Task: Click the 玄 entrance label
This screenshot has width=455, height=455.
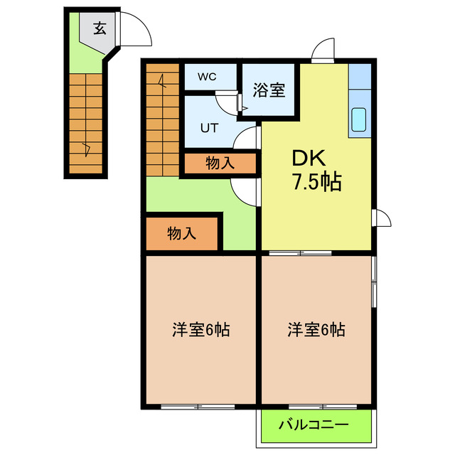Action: point(101,29)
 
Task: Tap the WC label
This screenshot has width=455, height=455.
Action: point(208,76)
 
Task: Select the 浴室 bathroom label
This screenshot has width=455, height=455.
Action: point(269,90)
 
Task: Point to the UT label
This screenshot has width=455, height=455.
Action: point(208,129)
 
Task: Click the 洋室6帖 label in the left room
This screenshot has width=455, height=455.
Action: point(200,330)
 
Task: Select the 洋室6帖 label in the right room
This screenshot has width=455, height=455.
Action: point(316,330)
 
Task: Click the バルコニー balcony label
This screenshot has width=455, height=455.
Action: point(314,426)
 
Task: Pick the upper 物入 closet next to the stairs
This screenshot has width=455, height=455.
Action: point(220,163)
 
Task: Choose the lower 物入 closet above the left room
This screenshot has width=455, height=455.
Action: point(182,233)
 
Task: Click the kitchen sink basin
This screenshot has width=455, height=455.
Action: point(358,120)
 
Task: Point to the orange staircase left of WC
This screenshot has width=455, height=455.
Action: point(163,117)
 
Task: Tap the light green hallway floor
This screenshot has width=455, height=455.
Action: point(192,196)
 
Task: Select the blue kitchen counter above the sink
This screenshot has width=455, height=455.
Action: point(358,78)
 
